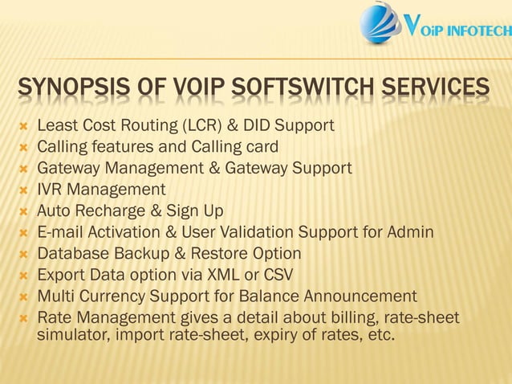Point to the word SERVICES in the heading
coord(441,89)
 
